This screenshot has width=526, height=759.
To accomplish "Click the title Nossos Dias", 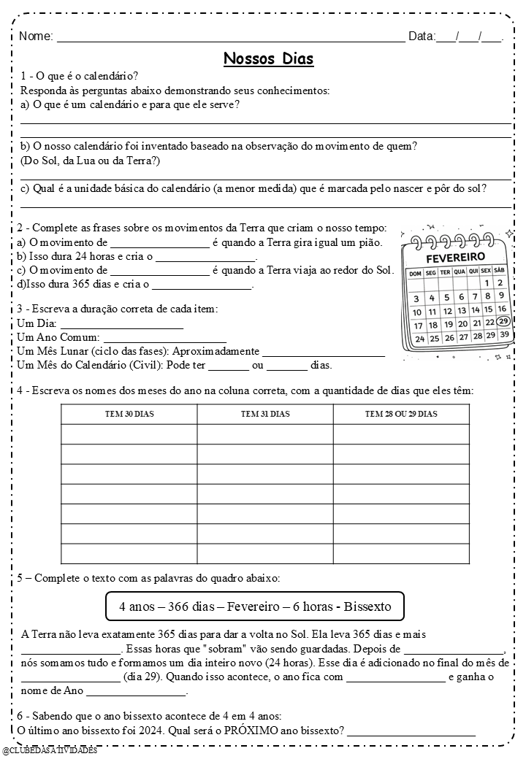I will point(268,58).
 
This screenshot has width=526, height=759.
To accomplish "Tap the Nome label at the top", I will point(36,36).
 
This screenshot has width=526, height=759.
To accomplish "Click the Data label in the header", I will point(422,36).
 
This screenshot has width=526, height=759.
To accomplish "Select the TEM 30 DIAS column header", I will point(129,414).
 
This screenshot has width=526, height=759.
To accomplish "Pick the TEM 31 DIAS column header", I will point(265,414).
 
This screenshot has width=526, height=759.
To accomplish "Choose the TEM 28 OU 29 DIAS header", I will point(401,414).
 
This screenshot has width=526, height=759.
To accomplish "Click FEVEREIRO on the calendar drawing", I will point(455,258).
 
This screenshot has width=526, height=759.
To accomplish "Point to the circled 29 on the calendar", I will point(503,322).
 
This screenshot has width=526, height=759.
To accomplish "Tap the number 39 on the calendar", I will point(503,334).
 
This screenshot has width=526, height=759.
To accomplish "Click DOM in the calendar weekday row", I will point(416,273).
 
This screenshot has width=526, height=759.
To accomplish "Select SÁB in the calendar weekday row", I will point(500,270).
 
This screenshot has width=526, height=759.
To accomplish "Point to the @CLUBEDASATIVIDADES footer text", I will point(50,751).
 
